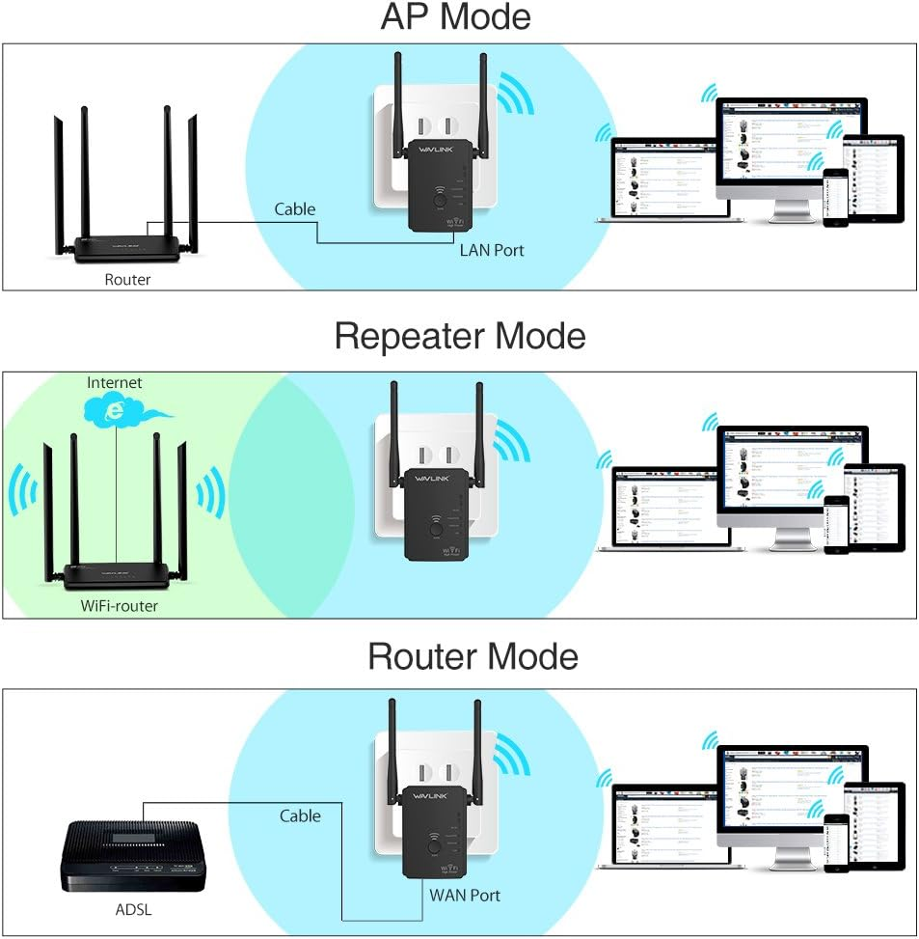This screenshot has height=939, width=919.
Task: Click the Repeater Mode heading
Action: point(459,337)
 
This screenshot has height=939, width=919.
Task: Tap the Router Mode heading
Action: point(473,657)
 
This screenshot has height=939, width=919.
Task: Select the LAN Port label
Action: point(492,250)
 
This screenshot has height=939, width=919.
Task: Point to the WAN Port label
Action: point(465,895)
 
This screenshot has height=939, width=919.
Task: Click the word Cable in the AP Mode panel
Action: point(294,208)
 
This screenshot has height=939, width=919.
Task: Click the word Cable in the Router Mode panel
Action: point(300,816)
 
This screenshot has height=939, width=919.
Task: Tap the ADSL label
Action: point(132,909)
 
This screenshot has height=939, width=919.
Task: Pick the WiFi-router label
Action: point(120,606)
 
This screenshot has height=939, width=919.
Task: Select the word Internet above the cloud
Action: point(114,383)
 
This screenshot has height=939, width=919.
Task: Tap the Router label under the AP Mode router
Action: point(128,280)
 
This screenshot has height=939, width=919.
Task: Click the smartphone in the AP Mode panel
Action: point(836,196)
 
